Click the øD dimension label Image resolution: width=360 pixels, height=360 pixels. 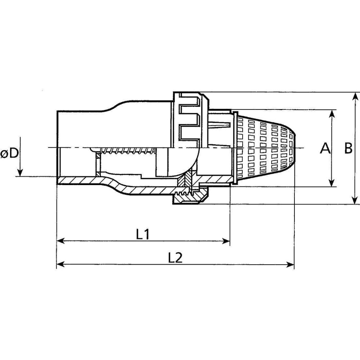click(x=9, y=153)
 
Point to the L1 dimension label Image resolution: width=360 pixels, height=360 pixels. click(x=143, y=234)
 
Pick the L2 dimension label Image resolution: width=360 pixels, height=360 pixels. click(x=175, y=258)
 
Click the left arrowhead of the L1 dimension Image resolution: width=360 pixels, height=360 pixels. click(x=60, y=241)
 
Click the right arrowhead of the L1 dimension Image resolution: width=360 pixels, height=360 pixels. click(x=226, y=241)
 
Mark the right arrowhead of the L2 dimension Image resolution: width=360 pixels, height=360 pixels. click(x=291, y=265)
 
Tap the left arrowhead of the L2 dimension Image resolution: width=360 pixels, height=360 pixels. click(x=60, y=265)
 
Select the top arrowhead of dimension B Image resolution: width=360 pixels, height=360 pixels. click(x=355, y=96)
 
